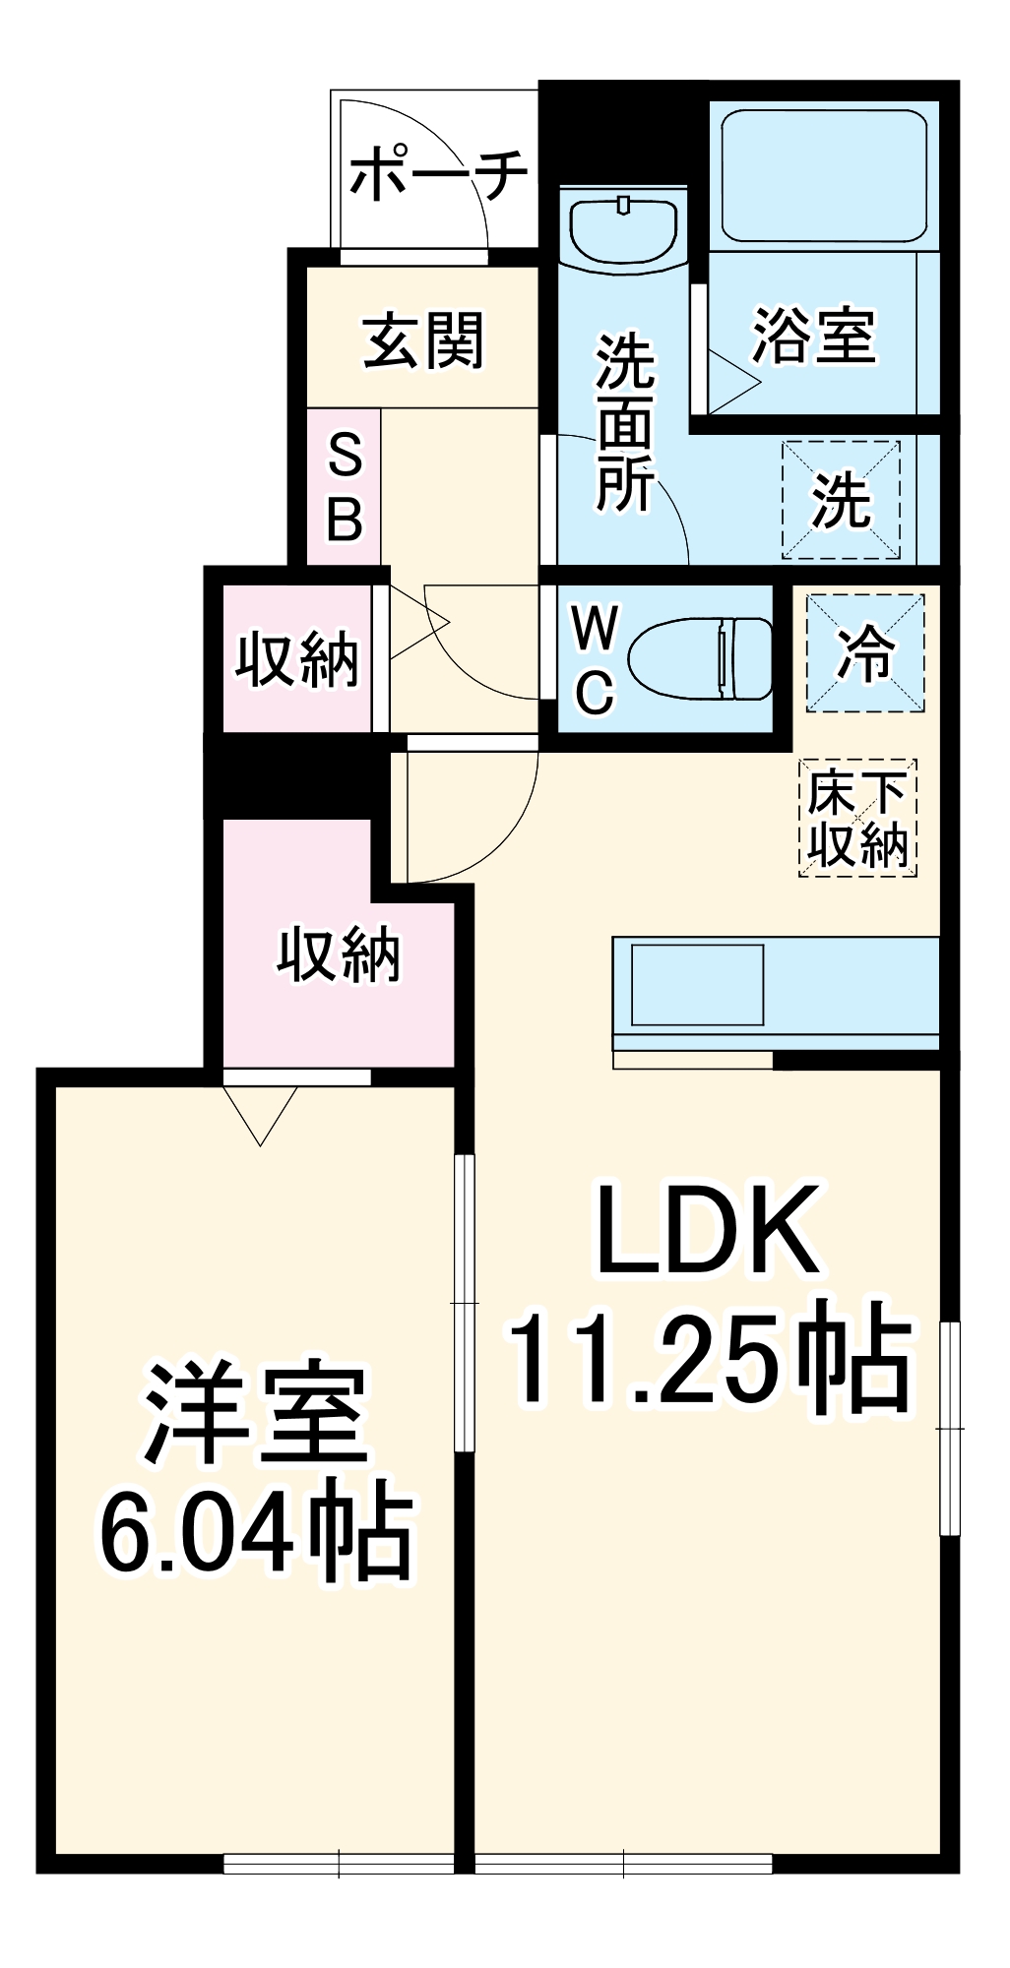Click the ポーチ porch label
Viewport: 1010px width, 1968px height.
[439, 176]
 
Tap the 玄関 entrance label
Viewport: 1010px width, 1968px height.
[424, 340]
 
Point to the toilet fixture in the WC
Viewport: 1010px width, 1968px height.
[700, 658]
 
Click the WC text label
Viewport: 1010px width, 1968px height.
[596, 658]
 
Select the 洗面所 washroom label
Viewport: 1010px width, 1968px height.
[625, 423]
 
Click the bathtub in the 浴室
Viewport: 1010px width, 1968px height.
[823, 174]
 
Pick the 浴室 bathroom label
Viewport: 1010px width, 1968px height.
[813, 336]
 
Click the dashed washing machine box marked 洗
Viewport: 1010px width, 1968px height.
[842, 500]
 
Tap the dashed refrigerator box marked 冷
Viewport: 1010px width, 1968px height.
[865, 652]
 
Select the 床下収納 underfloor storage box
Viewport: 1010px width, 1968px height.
[857, 818]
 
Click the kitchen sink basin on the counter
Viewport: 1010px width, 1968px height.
[697, 985]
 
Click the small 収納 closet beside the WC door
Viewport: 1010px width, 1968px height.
[296, 658]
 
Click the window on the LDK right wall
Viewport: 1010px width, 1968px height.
[949, 1428]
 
